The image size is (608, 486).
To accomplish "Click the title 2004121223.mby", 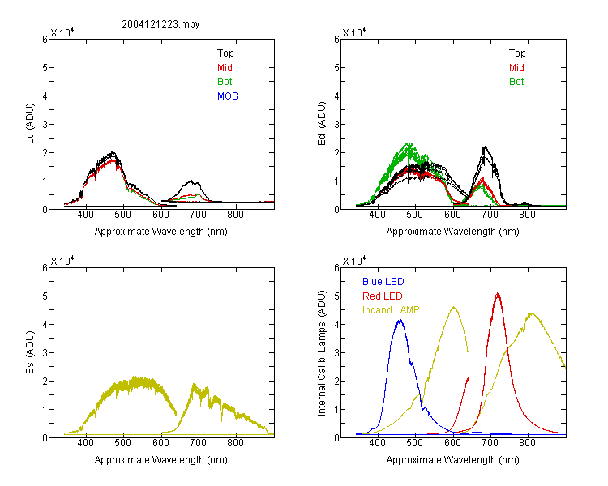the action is click(161, 24).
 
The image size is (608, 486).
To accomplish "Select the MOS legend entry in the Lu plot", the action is click(228, 96).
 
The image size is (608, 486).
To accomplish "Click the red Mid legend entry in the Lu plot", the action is click(225, 68).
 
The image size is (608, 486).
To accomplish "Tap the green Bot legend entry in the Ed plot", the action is click(516, 82).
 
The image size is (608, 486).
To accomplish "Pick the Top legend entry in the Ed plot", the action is click(517, 53).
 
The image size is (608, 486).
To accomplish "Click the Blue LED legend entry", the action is click(383, 282).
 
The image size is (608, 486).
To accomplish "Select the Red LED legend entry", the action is click(383, 296).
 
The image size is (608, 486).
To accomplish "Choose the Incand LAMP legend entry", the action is click(391, 310).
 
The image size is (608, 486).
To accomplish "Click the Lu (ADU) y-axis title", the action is click(30, 124).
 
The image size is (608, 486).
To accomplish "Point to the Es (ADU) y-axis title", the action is click(30, 352).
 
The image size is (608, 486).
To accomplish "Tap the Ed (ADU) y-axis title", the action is click(322, 124).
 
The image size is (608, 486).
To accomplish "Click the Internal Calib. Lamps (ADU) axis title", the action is click(322, 353).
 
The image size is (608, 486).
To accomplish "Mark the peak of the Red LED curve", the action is click(498, 294).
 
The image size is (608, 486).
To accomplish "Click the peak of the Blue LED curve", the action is click(400, 320).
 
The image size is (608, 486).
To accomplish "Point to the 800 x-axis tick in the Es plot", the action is click(235, 443).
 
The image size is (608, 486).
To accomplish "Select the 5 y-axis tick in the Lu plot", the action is click(45, 68).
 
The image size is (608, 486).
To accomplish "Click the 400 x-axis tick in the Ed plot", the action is click(377, 215).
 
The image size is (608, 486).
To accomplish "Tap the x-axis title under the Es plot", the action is click(161, 460).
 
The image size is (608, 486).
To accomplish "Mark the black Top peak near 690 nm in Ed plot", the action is click(485, 147).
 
